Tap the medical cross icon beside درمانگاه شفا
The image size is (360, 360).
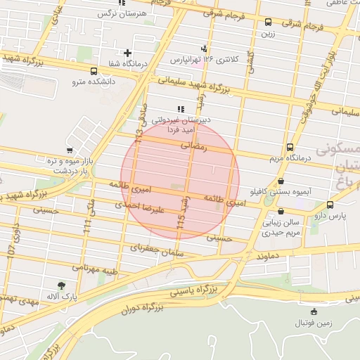click(x=127, y=53)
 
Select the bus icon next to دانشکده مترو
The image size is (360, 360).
click(x=94, y=71)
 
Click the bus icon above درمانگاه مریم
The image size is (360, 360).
click(x=290, y=148)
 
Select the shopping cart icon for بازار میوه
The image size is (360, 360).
click(x=69, y=150)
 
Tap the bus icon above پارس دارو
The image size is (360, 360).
click(x=330, y=205)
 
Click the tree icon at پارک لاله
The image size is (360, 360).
click(x=62, y=285)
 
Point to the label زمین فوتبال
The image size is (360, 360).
click(x=314, y=323)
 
